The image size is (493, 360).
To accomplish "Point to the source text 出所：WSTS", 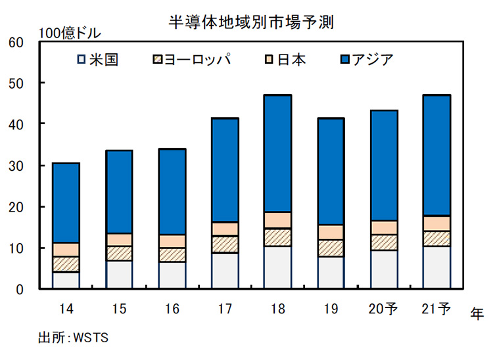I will [x=73, y=338].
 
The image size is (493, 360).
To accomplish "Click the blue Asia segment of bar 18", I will [x=278, y=153].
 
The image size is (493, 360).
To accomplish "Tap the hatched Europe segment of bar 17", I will [x=225, y=244].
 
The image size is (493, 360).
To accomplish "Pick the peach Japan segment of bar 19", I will [x=331, y=232].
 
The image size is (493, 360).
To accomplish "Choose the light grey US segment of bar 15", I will [x=119, y=275].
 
